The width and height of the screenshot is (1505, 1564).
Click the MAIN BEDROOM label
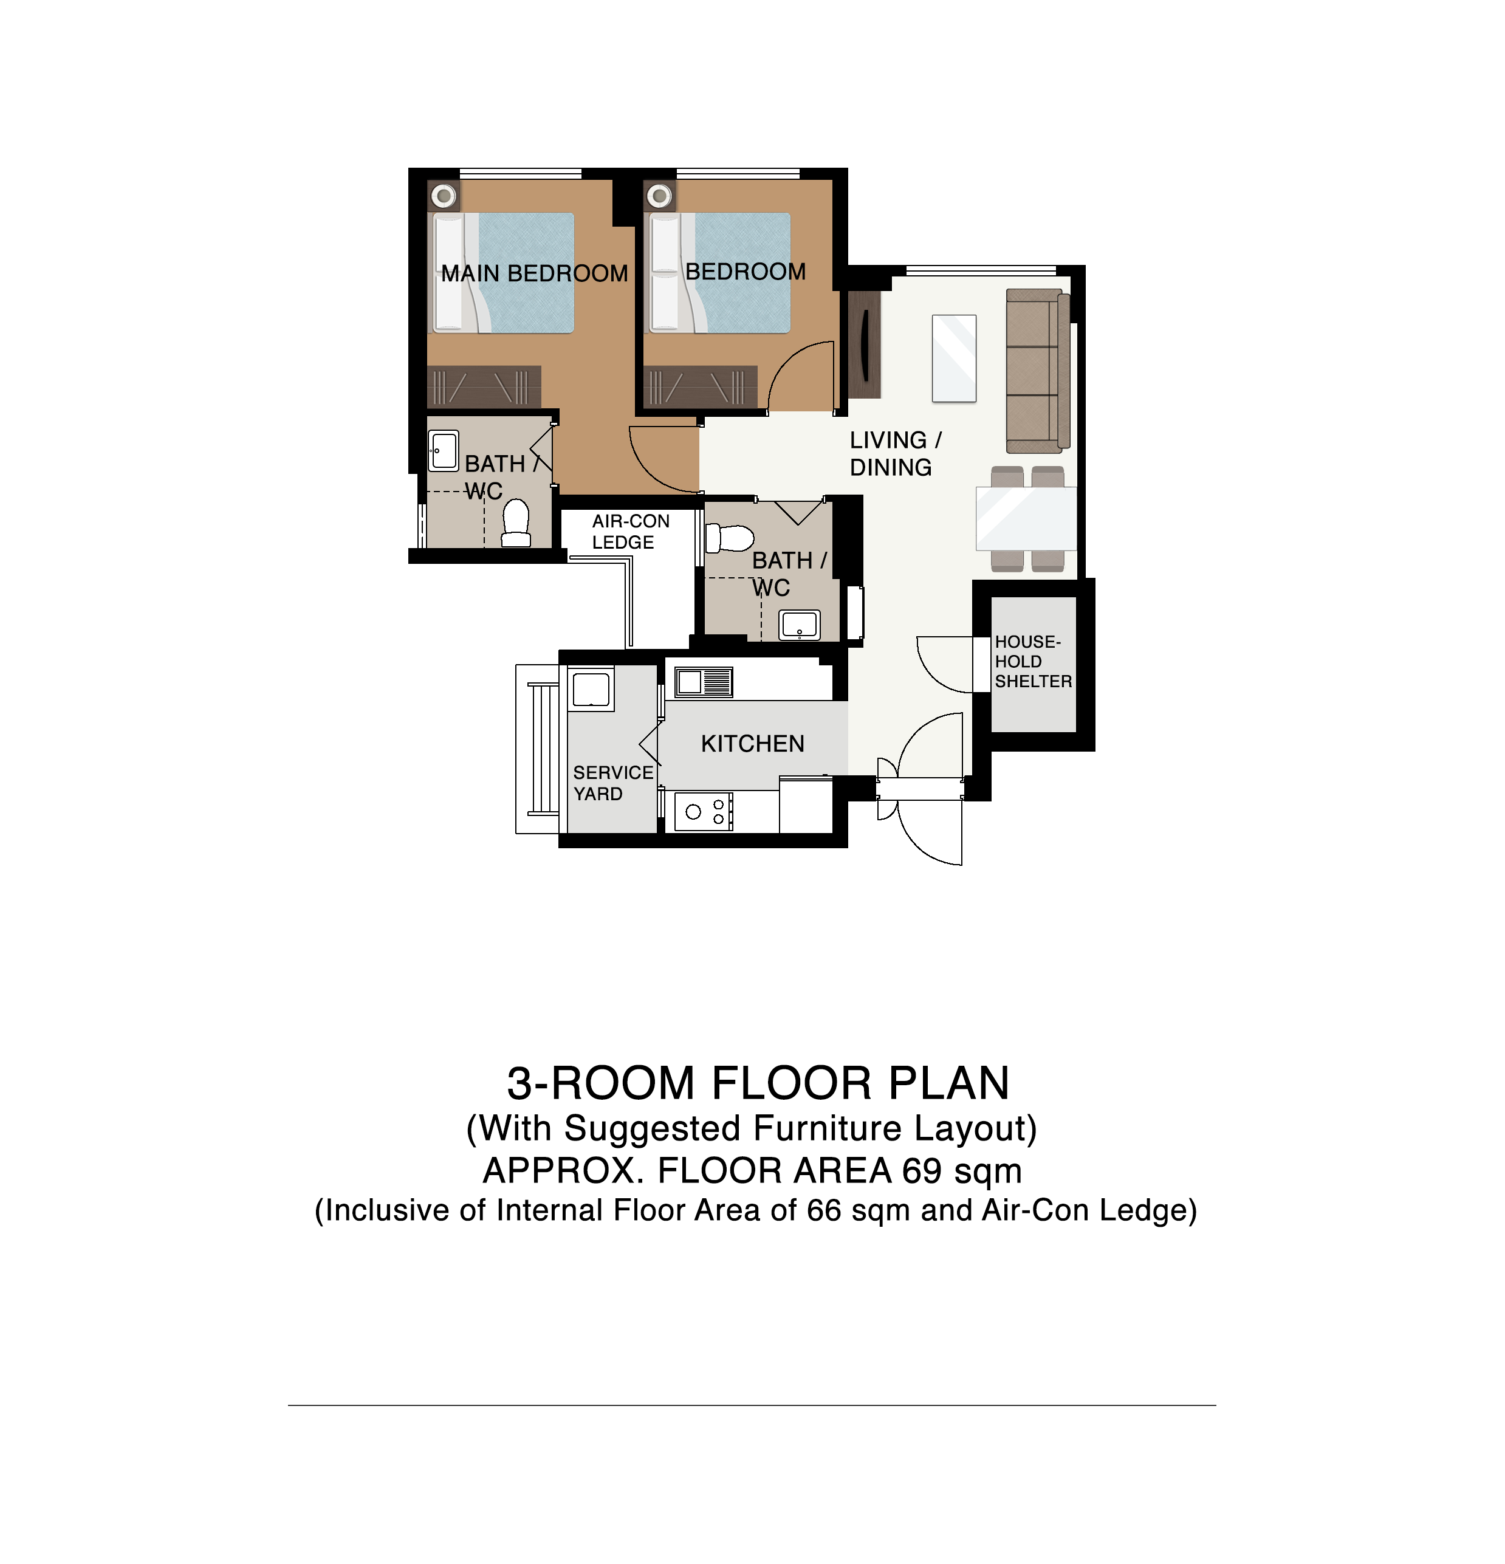535,273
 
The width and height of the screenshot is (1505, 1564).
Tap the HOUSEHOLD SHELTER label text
1032,662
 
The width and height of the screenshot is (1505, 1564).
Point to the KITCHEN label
752,744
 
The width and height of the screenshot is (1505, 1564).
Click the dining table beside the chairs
1026,519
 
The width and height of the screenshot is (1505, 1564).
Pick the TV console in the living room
863,344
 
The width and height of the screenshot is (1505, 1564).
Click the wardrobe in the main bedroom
484,386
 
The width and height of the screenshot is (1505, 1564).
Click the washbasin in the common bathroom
800,625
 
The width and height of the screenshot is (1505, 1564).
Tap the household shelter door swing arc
934,670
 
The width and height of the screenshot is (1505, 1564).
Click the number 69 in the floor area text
922,1171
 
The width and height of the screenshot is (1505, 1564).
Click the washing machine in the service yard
591,688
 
